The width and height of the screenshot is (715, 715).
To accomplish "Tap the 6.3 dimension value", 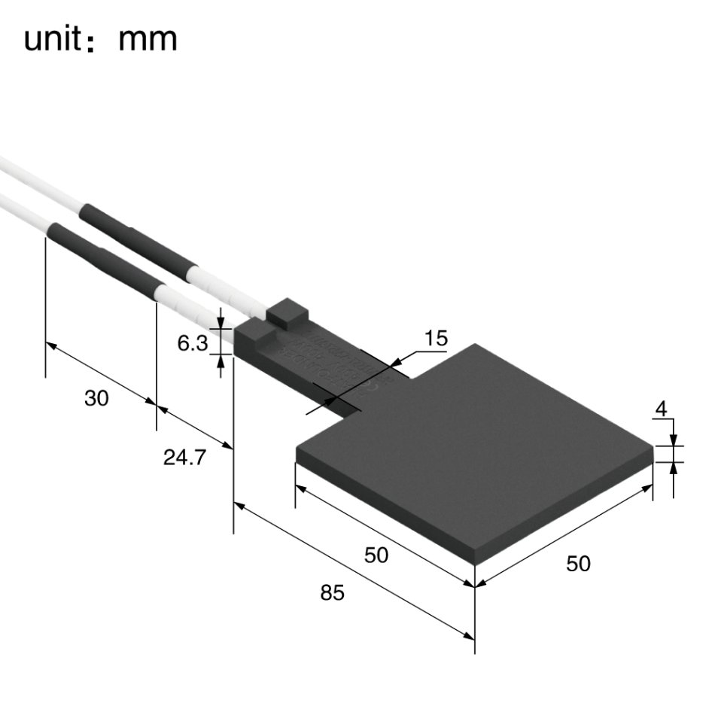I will [192, 344].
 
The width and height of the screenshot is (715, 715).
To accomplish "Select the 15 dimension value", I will [435, 339].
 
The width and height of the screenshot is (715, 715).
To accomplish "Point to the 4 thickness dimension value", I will [662, 410].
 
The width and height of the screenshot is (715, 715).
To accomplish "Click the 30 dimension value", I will [96, 399].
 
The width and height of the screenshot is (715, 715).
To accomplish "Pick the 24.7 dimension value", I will [184, 457].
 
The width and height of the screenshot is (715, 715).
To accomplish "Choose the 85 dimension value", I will [331, 593].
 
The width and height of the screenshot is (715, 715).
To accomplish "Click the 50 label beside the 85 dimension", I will [376, 555].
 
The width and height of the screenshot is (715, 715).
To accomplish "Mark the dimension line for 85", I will [354, 571].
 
